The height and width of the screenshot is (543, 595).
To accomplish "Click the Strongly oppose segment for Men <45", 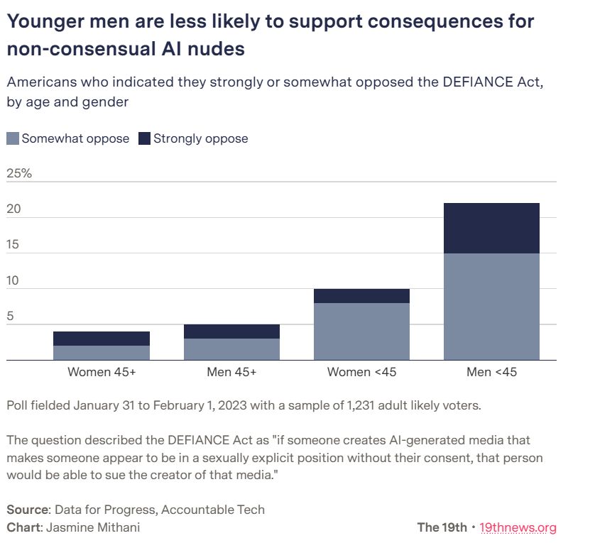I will tap(491, 228).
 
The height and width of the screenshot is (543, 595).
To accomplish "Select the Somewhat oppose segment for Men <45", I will tap(491, 306).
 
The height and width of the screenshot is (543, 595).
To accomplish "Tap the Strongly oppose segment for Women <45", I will tap(361, 296).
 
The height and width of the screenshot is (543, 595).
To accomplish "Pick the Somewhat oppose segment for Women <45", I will tap(361, 331).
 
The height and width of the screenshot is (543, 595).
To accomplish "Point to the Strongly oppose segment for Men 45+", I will tap(231, 331).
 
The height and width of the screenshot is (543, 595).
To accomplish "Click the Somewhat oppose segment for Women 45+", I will tap(102, 353).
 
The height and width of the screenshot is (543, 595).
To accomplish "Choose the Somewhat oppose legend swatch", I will tap(13, 138).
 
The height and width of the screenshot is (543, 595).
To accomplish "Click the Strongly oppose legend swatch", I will tap(144, 138).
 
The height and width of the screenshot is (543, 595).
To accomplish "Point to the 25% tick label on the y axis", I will tap(19, 173).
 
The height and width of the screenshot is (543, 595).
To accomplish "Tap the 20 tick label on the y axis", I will tap(13, 209).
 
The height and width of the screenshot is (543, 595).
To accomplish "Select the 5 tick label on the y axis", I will tap(10, 317).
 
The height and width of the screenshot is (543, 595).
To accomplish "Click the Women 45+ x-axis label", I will tap(102, 372).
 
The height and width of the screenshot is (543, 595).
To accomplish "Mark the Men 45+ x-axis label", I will tap(231, 372).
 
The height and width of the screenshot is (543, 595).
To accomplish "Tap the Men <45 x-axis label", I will tap(491, 372).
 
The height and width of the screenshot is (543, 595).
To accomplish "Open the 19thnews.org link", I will tap(518, 527).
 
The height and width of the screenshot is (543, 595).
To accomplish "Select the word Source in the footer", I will tap(26, 510).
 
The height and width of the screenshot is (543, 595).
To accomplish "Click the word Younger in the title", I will tap(42, 21).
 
